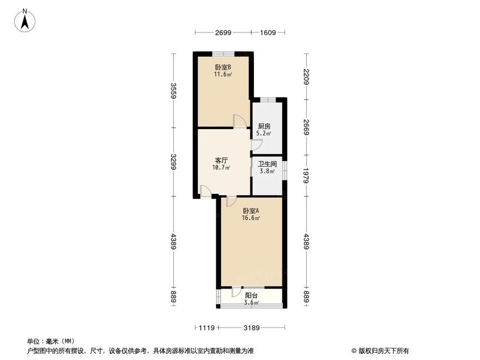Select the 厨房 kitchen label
[264, 126]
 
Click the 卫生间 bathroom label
[267, 164]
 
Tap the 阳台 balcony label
[252, 296]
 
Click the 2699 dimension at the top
[223, 33]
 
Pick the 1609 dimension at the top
[268, 33]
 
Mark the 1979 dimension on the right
[306, 175]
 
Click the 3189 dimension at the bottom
[251, 328]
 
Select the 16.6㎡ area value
[251, 218]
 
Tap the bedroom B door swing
[239, 121]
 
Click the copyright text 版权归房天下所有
[380, 350]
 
